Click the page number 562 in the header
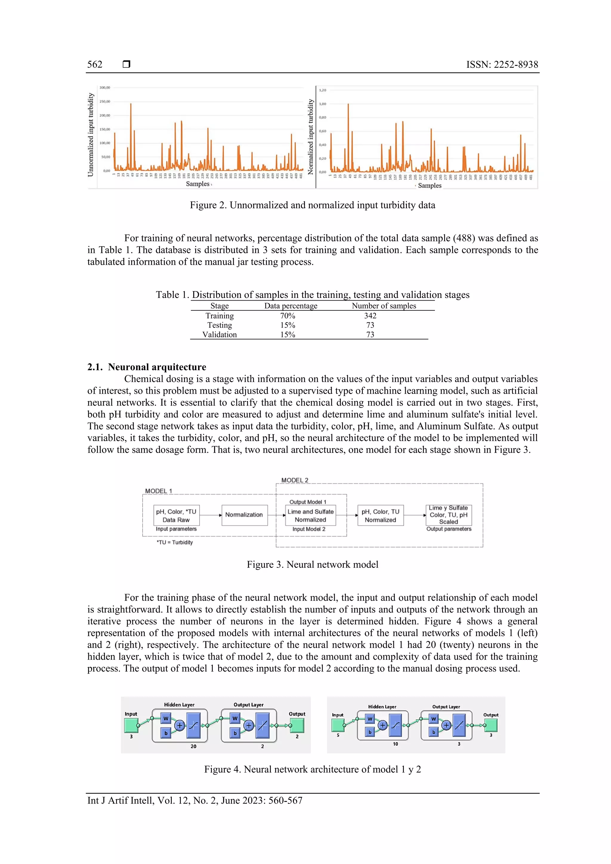[95, 64]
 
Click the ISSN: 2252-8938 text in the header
[502, 64]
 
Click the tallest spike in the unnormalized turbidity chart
[131, 104]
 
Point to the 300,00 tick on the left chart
[105, 88]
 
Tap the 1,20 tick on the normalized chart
[323, 90]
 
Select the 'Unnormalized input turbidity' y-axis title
[91, 135]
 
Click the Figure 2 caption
[312, 205]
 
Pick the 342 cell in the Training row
[370, 316]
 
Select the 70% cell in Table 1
[288, 316]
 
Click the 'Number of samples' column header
[384, 306]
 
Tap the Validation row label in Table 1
[220, 335]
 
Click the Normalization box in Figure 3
[244, 515]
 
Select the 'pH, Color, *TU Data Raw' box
[176, 516]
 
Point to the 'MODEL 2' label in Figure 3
[295, 480]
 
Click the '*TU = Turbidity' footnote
[175, 542]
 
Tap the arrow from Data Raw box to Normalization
[210, 515]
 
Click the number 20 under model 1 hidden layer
[194, 746]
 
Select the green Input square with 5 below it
[338, 725]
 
